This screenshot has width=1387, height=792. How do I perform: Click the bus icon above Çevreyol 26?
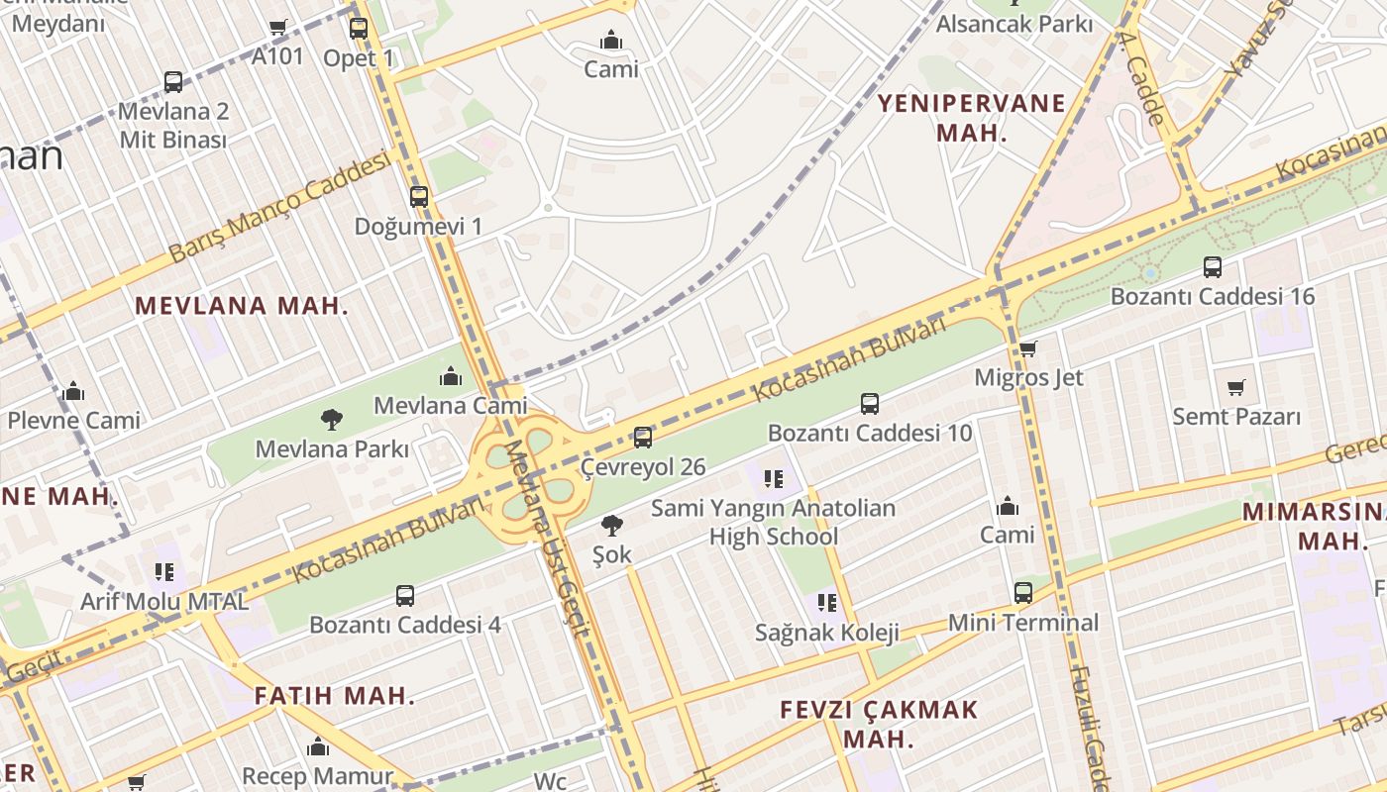[643, 437]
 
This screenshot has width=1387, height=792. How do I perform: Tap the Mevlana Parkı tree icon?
[332, 420]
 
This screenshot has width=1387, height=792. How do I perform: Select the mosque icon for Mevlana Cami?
[451, 376]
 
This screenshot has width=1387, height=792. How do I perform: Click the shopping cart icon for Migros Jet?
[1028, 348]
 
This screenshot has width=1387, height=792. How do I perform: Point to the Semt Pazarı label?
[1236, 417]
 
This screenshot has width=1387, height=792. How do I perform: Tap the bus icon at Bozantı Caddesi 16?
[1213, 266]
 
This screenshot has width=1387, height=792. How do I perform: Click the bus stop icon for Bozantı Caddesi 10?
[870, 403]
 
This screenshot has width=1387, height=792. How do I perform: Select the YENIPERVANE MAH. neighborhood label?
[972, 118]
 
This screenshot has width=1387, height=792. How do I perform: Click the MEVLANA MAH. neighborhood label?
[242, 306]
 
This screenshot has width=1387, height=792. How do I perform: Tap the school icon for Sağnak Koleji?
[827, 603]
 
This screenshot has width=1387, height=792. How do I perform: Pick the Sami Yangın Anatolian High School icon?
[774, 479]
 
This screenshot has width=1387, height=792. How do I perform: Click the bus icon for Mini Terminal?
[1023, 593]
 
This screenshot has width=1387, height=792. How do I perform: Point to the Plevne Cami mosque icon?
[73, 392]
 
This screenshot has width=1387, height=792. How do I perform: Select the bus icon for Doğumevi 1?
[419, 197]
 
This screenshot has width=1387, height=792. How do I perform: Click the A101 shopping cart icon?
[278, 28]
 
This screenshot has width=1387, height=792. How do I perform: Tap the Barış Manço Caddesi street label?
[279, 208]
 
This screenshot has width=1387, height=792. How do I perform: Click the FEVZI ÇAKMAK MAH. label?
[878, 724]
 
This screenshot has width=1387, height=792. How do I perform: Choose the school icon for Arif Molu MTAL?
[164, 572]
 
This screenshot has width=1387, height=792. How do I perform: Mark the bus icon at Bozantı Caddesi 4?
[405, 596]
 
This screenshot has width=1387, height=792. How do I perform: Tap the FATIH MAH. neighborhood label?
[334, 696]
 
